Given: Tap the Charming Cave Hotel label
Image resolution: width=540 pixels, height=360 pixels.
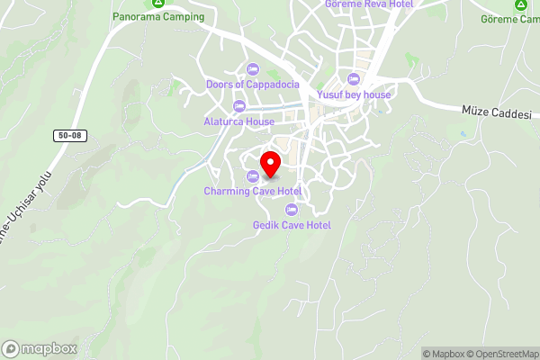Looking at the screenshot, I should tap(252, 191).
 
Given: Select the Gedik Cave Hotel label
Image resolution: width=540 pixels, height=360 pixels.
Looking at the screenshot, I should tap(292, 225).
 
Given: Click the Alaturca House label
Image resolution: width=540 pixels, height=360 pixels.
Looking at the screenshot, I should tap(238, 121).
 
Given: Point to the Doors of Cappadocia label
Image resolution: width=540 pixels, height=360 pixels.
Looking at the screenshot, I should tap(252, 85).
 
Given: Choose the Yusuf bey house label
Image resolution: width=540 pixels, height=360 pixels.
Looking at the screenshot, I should tap(354, 94).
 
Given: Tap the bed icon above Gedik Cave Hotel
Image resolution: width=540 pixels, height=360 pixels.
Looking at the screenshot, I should tap(291, 210).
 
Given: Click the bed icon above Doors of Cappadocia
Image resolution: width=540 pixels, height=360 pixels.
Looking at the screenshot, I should tap(252, 69).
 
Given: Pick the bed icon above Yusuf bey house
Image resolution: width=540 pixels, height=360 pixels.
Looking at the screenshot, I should tap(354, 79).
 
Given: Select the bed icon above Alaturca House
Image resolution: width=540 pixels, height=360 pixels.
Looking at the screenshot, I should tap(238, 106).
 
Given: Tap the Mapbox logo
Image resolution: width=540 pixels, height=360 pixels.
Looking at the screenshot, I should tap(40, 348).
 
